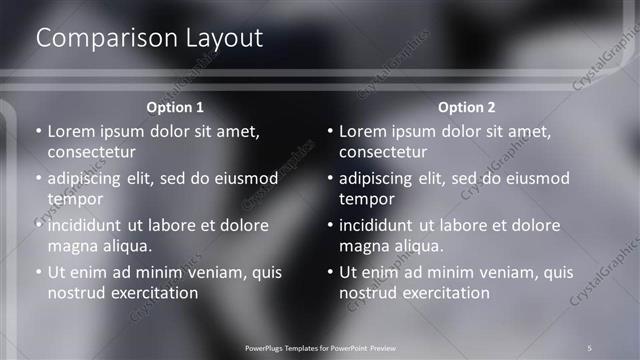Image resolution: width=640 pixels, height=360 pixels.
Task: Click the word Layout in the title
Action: click(x=224, y=38)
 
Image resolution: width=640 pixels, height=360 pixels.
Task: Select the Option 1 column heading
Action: click(x=175, y=107)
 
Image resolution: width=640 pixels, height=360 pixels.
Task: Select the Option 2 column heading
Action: click(x=466, y=107)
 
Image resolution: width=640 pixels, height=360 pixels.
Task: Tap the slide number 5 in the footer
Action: click(x=590, y=347)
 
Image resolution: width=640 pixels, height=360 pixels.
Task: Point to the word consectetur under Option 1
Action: click(x=91, y=152)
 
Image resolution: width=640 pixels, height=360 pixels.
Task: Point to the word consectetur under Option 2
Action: click(x=383, y=152)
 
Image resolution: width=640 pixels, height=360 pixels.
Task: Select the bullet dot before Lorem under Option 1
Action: click(x=39, y=132)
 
